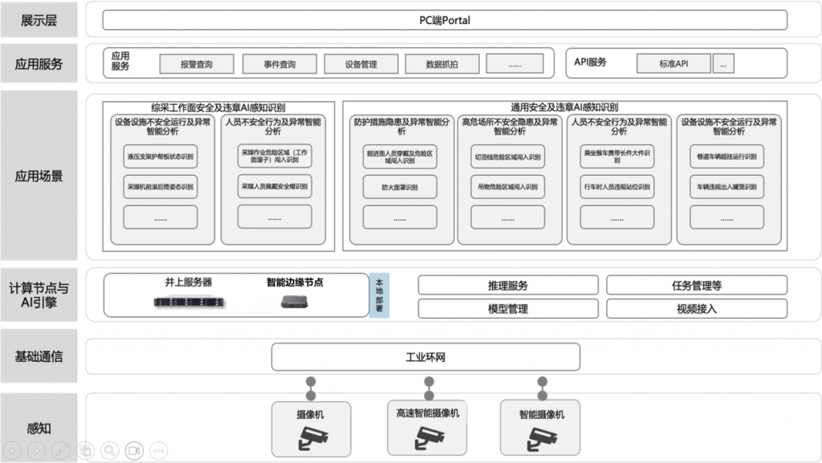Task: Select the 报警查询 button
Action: [197, 64]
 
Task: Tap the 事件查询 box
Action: [279, 64]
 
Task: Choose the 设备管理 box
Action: [360, 64]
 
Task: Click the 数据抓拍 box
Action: [442, 64]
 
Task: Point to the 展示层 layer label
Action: [39, 20]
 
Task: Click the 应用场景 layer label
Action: [39, 176]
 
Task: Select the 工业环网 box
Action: [425, 357]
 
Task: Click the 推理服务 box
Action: [508, 285]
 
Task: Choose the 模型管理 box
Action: [508, 308]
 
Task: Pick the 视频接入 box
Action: [696, 308]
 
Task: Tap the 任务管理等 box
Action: [696, 285]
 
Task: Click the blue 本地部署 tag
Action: [379, 296]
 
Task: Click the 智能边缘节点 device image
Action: [293, 303]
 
